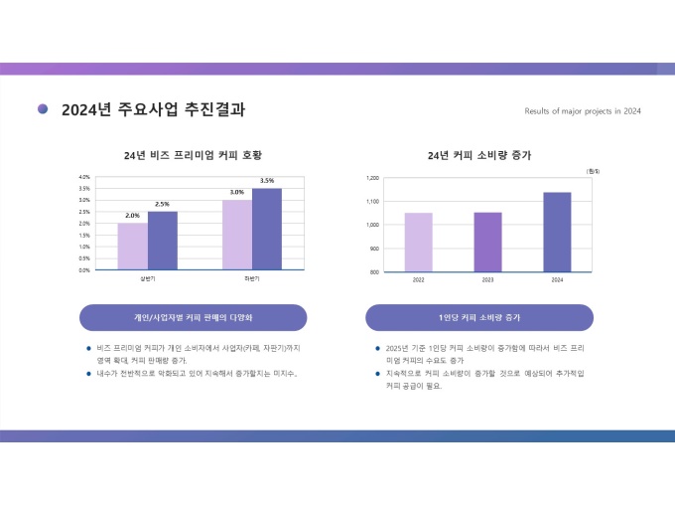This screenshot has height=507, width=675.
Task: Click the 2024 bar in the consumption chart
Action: point(557,232)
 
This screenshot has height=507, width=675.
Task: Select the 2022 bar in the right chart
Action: point(418,242)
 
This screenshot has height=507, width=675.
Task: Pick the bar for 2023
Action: point(487,242)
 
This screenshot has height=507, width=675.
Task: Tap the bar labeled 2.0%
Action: point(132,246)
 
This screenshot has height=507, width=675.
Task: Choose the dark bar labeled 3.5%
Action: point(266,229)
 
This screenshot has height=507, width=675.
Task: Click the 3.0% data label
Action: point(237,192)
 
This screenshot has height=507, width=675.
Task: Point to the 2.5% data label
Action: point(162,204)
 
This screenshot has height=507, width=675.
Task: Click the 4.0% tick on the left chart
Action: point(84,177)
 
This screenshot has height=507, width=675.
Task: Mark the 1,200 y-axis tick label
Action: point(373,178)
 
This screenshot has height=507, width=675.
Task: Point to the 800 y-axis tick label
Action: point(375,271)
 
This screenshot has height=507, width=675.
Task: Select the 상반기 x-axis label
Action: point(147,278)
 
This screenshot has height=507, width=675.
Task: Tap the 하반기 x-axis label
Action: point(251,278)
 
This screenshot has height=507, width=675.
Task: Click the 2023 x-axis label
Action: point(487,280)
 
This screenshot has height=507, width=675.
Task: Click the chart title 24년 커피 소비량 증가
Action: point(479,155)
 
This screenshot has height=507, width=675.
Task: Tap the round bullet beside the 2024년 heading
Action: point(43,108)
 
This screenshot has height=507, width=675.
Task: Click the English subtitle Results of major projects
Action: point(582,111)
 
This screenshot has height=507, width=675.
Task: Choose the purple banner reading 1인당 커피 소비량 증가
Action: point(479,317)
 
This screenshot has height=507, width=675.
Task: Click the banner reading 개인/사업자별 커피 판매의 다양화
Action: point(193,317)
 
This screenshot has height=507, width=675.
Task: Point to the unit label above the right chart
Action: point(593,171)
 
